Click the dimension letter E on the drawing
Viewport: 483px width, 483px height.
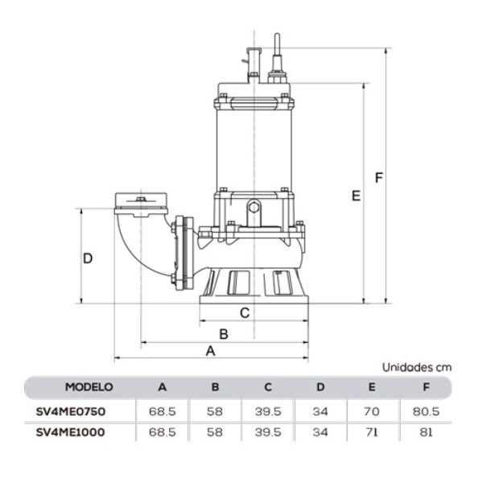point(355,196)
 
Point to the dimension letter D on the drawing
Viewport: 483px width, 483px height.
point(89,258)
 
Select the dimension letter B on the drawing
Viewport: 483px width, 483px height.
point(225,332)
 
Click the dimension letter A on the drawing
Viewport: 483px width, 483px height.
point(211,351)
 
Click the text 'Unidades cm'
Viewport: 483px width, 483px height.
point(416,366)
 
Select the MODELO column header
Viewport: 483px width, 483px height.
point(89,387)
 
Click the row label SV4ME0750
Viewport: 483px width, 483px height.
point(72,411)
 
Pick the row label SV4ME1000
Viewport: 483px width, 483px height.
point(72,432)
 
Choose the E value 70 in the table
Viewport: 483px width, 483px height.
point(371,411)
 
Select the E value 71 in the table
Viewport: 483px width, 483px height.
point(371,432)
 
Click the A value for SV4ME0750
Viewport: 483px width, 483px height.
point(162,411)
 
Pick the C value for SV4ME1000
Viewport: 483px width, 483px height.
point(267,432)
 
